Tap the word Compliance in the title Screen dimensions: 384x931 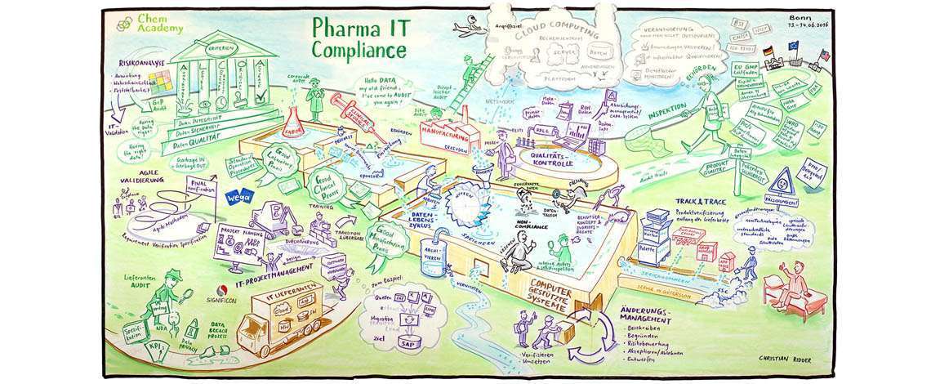pos(359,51)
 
